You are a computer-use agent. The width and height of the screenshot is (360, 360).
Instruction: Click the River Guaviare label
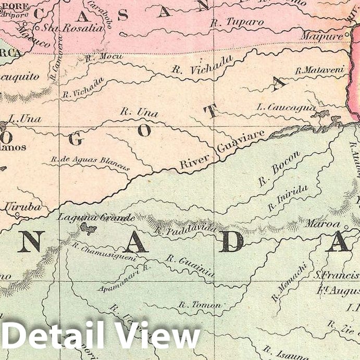pos(222,150)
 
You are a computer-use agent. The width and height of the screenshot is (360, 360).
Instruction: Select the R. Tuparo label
pos(237,22)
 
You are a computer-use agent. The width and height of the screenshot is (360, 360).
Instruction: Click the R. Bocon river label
pos(279,169)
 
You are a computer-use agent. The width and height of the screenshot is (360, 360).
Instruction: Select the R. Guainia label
pos(190,265)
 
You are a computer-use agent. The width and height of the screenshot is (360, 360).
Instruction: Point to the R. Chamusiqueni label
pos(104,251)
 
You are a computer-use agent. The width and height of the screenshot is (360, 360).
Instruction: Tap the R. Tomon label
pos(200,304)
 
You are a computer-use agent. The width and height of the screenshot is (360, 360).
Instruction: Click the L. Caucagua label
pos(286,108)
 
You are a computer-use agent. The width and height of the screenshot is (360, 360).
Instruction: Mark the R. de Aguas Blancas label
pos(90,163)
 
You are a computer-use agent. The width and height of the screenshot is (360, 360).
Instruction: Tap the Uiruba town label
pos(22,207)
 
